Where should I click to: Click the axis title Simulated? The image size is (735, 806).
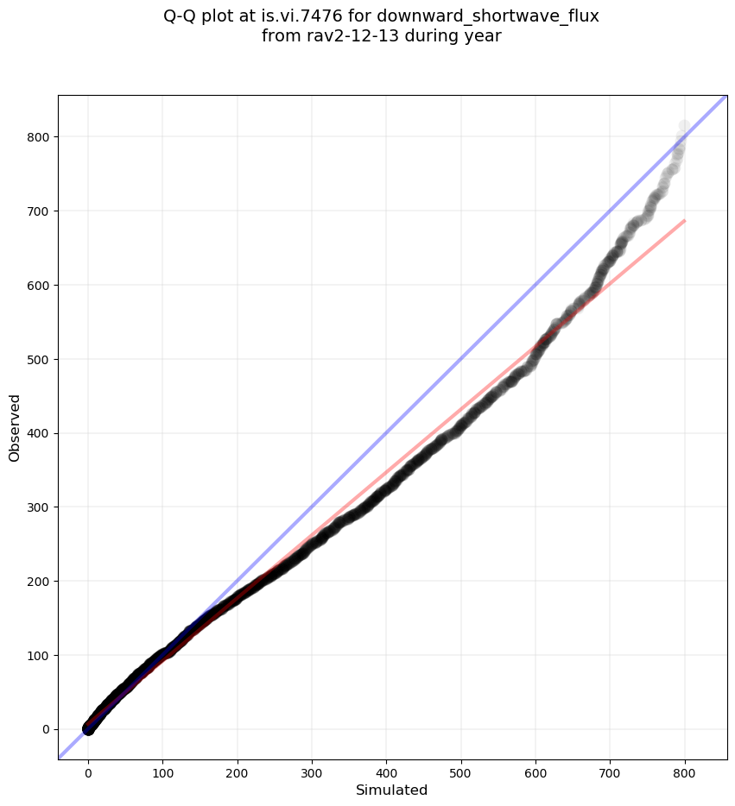coord(392,790)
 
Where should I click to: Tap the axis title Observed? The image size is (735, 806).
coord(15,427)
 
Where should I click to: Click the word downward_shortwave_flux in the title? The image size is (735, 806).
coord(488,16)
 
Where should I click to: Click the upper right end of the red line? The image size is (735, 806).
coord(685,221)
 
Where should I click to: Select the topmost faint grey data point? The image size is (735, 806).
coord(684,127)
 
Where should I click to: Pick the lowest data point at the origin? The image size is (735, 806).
coord(88,730)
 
